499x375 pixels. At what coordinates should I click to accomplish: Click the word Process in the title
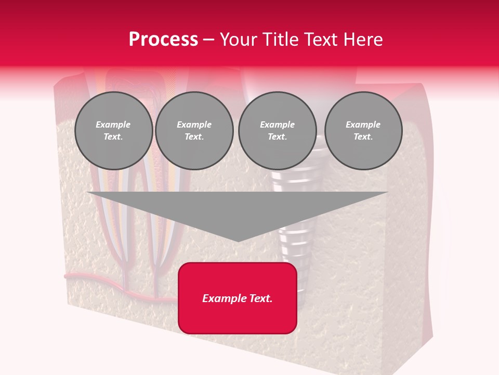point(163,40)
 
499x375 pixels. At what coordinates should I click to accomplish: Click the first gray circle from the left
point(113,131)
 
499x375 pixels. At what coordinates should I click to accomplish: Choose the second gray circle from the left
point(194,131)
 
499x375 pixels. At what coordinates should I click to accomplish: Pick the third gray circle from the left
point(277,131)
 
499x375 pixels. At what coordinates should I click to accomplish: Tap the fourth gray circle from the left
point(363,131)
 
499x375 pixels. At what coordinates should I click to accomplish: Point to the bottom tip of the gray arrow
point(238,241)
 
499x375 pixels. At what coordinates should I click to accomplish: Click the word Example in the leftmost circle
point(113,124)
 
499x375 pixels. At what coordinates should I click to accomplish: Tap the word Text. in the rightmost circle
point(363,137)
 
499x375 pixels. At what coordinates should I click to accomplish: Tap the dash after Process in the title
point(209,40)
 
